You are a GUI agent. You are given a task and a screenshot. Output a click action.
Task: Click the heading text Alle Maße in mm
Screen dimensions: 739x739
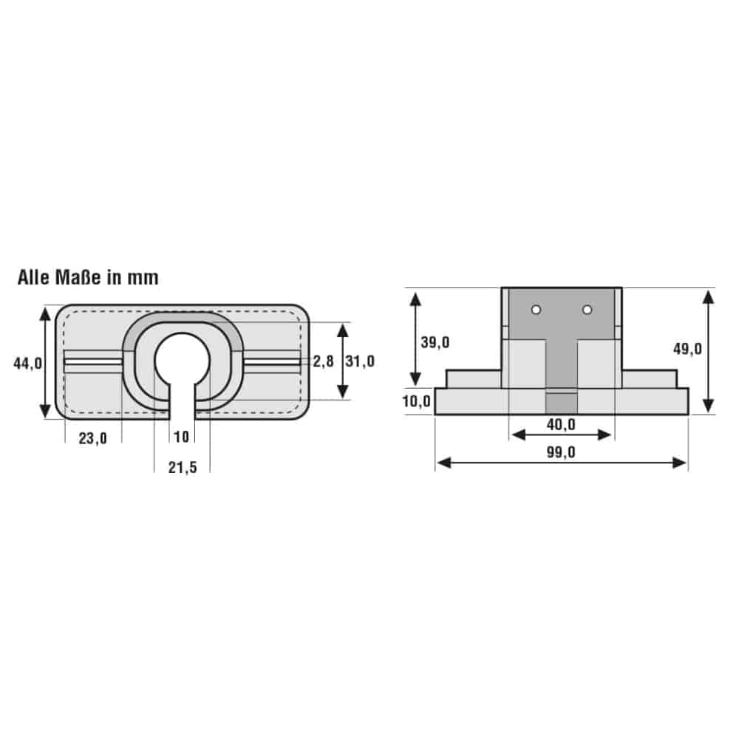pos(88,278)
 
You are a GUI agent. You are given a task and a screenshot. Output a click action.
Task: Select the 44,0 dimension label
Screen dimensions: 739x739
pos(27,362)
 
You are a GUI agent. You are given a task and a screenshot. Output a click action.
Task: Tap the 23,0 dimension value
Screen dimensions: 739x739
pos(93,438)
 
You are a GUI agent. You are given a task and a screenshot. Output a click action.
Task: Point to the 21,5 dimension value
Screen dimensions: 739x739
pos(182,467)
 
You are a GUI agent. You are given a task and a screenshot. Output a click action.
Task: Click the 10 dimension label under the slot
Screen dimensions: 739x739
pos(181,437)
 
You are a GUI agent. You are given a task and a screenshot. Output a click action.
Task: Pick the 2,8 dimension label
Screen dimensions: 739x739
pos(323,361)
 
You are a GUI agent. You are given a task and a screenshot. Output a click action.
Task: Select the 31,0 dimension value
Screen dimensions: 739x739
pos(361,361)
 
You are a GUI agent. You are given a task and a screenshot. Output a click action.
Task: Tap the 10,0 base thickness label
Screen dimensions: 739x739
pos(417,401)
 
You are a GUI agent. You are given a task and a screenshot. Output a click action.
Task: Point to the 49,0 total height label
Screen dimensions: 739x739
pos(687,350)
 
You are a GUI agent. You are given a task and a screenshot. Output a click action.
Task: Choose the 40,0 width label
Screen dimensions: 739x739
pos(562,424)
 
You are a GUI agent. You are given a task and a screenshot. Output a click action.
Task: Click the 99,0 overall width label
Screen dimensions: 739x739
pos(562,453)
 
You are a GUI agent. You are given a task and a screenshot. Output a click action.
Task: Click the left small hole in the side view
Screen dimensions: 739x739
pos(537,309)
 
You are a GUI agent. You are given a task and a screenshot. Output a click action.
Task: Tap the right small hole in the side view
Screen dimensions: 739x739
pos(587,309)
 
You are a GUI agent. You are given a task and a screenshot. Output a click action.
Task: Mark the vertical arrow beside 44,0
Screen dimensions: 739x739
pos(46,362)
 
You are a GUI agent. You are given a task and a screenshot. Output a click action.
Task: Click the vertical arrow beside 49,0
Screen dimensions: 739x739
pos(708,351)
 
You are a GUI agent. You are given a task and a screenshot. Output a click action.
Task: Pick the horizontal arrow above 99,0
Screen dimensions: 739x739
pos(562,463)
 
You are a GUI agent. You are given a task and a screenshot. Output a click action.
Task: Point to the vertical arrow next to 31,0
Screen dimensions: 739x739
pos(342,361)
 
